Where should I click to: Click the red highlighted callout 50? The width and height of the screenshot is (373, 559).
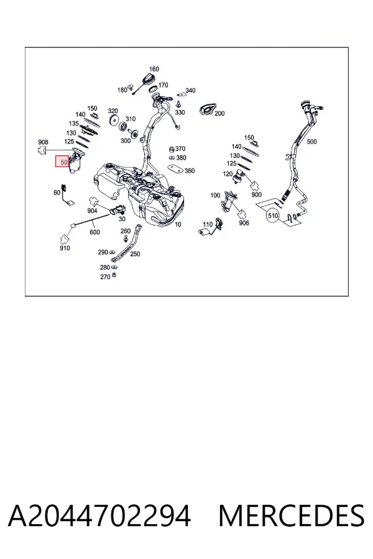pos(62,162)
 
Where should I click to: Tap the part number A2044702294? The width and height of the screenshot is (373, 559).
pos(99,516)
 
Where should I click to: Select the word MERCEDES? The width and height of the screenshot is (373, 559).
pos(292,516)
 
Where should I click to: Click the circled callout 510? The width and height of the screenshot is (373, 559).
pos(273,216)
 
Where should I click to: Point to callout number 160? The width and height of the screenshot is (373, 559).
pos(154,69)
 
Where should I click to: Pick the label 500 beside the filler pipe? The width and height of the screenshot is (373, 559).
pos(312,142)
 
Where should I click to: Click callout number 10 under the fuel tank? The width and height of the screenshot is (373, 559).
pos(178,224)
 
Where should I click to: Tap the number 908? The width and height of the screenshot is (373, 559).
pos(43,142)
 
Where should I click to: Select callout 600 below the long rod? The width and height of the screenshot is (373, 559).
pos(94,232)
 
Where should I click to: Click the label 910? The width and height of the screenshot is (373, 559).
pos(65,248)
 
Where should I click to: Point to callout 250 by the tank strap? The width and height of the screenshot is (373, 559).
pos(135,254)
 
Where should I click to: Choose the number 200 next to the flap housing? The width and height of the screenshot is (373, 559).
pos(219,114)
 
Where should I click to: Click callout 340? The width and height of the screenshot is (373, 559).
pos(191,91)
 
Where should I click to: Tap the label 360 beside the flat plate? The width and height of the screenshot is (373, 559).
pos(190,171)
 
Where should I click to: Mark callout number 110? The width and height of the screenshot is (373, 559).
pos(208,224)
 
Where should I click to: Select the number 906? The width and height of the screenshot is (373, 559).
pos(244,223)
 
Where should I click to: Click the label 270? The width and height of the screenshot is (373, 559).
pos(105,276)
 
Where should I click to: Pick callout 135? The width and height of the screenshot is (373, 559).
pos(74,124)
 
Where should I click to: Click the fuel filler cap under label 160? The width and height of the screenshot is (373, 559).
pos(147,78)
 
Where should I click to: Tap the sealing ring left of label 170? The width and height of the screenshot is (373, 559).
pos(153,88)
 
